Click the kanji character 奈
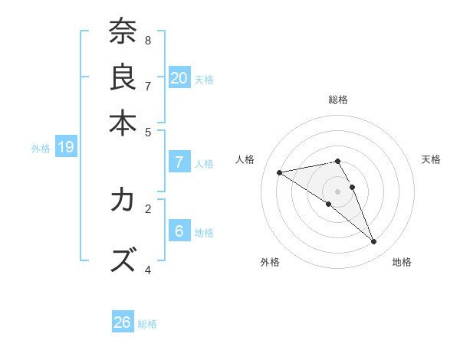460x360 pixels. pos(123,32)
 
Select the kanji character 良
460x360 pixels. pos(123,77)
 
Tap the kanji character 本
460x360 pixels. pos(123,122)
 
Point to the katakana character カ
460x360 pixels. pos(123,201)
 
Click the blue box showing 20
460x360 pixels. pos(179,77)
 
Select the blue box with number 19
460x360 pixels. pos(65,147)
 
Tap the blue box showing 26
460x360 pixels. pos(123,322)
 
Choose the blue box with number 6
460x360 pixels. pos(179,231)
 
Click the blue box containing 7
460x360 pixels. pos(179,162)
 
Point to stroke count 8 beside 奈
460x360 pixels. pos(148,40)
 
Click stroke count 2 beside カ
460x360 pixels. pos(148,208)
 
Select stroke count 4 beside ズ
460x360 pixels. pos(148,270)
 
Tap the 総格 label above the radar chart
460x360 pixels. pos(337,100)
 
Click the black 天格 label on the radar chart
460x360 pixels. pos(431,159)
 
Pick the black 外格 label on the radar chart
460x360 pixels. pos(270,262)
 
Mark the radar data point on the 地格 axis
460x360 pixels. pos(374,242)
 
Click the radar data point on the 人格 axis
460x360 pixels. pos(279,172)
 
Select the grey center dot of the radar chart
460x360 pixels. pos(337,191)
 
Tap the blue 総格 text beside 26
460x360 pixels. pos(147,324)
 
